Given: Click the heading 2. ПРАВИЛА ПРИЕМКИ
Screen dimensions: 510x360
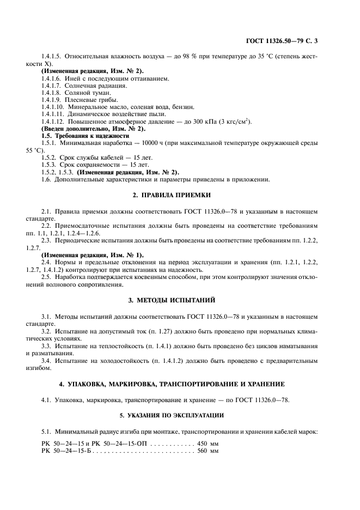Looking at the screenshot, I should [x=180, y=195].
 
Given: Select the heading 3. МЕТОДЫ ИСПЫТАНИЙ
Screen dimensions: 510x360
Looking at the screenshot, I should [x=180, y=300].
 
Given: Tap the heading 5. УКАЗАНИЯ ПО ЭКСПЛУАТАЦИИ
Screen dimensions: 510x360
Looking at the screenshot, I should [x=180, y=415].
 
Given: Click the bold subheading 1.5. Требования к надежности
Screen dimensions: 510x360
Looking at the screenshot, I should [x=85, y=135].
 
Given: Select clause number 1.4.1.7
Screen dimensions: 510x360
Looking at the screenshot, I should [x=51, y=86].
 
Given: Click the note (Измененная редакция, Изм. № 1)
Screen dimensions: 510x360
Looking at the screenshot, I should [x=85, y=255].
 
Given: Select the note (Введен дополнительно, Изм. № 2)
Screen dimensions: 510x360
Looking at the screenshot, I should [x=86, y=128].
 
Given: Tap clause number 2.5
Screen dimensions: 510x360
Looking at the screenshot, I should [x=46, y=277].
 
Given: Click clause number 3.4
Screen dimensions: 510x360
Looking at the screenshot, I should [x=46, y=361].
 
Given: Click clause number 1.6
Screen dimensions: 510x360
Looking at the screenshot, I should [x=46, y=179].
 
